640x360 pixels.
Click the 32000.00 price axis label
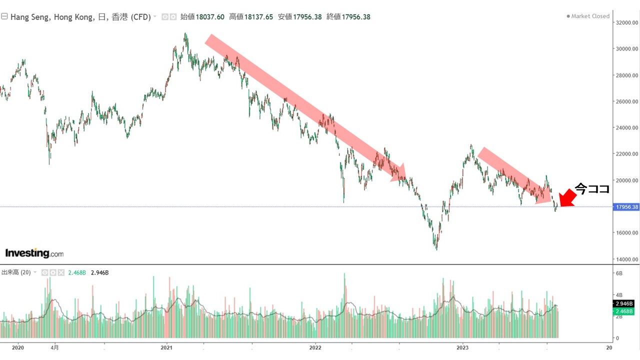[627, 22]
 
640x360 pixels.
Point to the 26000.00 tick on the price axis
[627, 101]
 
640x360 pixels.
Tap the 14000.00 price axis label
[627, 259]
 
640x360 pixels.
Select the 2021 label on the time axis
[166, 347]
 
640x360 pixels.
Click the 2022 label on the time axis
[315, 347]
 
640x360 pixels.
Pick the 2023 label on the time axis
[462, 347]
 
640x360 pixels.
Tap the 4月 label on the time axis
[55, 347]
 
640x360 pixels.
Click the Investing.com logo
[34, 253]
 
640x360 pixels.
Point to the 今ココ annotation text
[592, 189]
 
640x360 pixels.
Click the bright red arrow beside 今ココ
[567, 198]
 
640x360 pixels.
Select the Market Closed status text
[590, 16]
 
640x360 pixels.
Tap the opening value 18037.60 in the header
[210, 17]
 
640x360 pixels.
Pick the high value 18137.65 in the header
[258, 17]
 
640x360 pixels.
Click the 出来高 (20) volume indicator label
[16, 272]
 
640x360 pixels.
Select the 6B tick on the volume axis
[618, 273]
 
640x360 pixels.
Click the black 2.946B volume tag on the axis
[624, 303]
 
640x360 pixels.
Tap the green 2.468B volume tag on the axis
[624, 311]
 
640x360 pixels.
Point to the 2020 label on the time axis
[17, 347]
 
